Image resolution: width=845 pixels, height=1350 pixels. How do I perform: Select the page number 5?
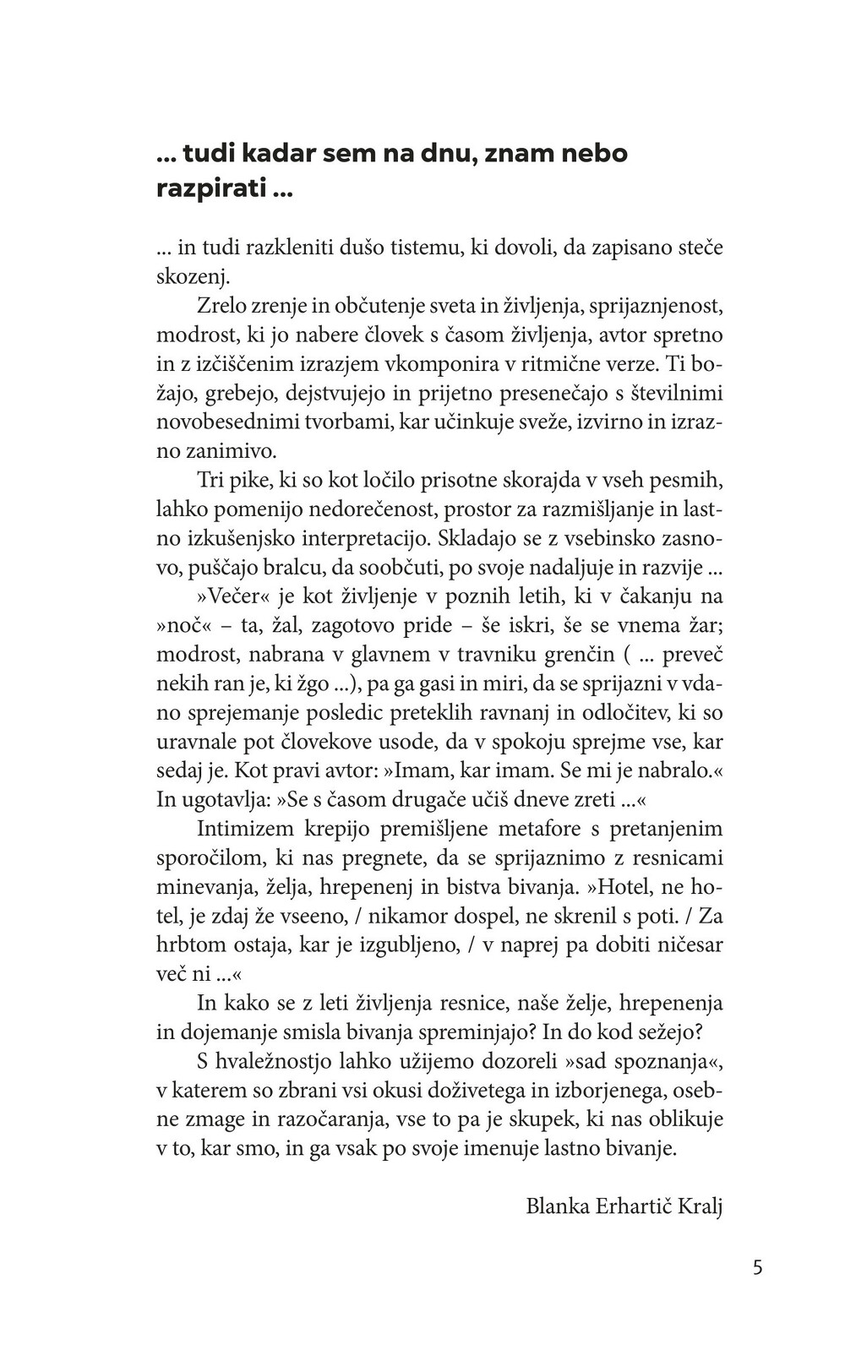pos(757,1267)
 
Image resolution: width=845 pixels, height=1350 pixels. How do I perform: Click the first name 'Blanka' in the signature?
pos(558,1206)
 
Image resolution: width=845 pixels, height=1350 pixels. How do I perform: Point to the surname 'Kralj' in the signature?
pos(701,1206)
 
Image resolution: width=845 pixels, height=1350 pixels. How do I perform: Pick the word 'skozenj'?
pos(192,277)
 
